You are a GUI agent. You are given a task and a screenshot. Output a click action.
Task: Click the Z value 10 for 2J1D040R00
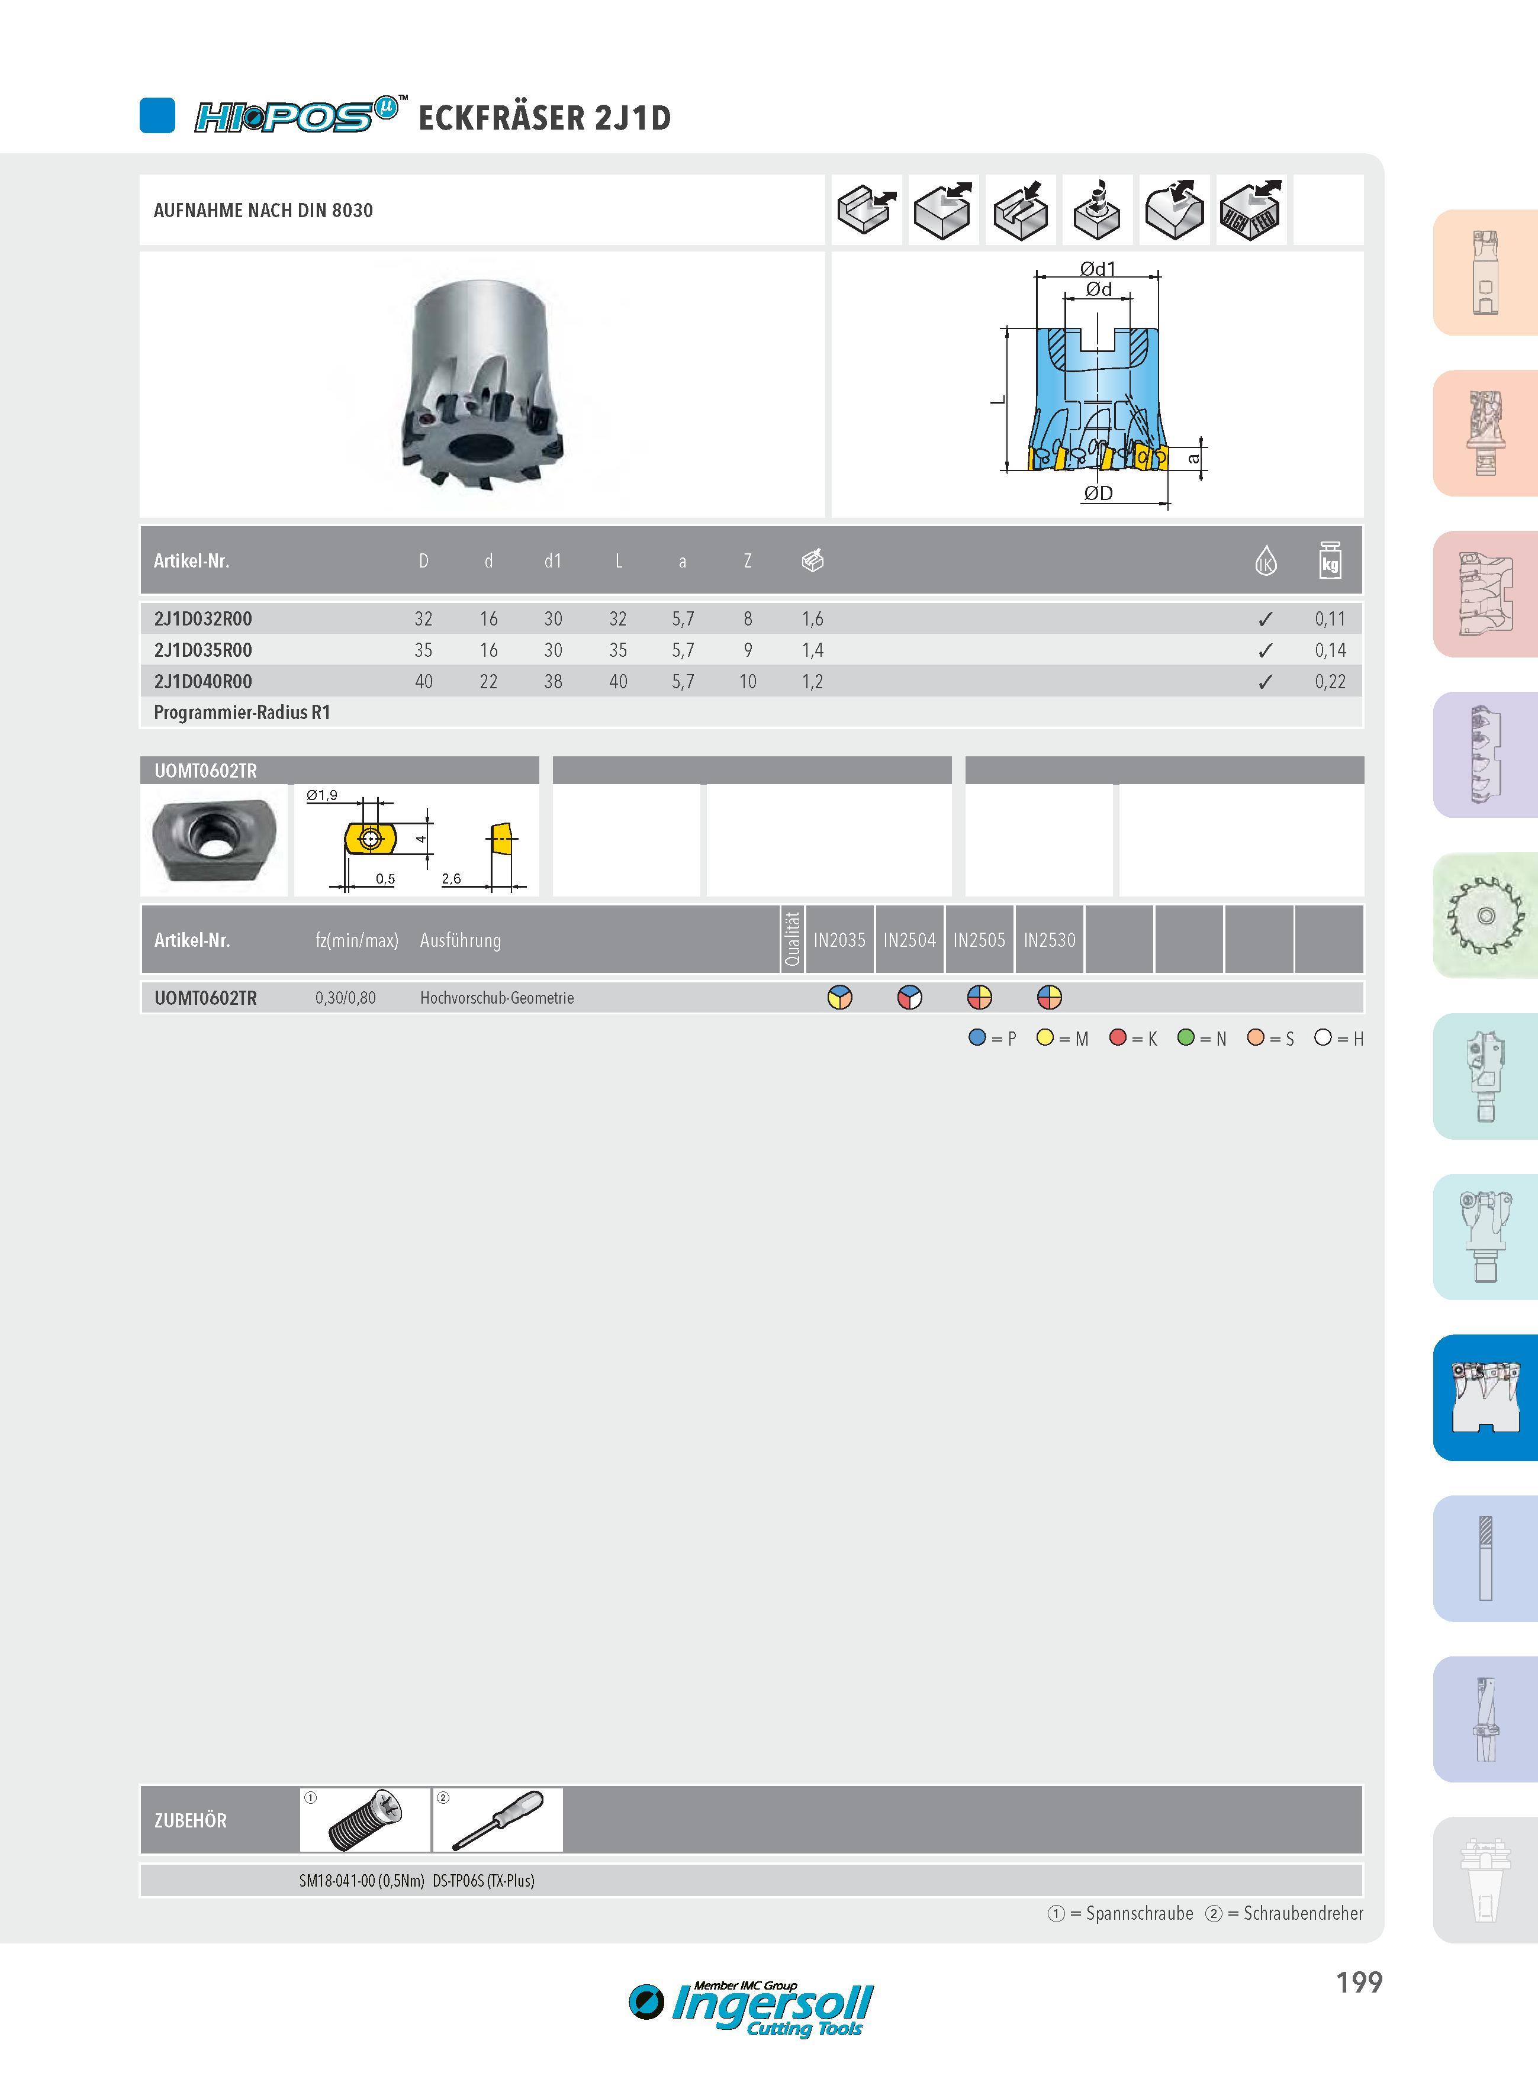[748, 681]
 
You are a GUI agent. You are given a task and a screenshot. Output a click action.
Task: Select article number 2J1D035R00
[203, 650]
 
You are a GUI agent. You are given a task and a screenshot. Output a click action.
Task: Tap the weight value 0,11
[1330, 619]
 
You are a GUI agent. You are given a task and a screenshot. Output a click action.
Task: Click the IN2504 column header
[909, 940]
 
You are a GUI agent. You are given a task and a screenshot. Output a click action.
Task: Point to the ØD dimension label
[1099, 493]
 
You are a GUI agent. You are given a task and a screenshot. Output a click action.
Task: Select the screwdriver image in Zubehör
[498, 1820]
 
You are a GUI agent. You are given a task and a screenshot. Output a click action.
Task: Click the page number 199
[1359, 1982]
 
